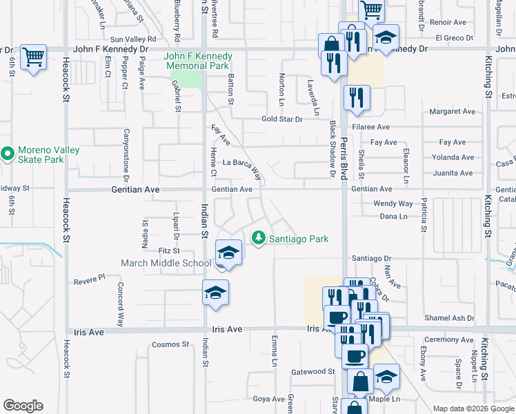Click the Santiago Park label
pos(298,239)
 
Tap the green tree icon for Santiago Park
pos(259,238)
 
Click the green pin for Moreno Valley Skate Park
pos(8,154)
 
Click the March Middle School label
pos(166,263)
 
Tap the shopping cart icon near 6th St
pos(32,57)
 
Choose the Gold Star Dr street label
pos(282,119)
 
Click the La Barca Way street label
pos(243,165)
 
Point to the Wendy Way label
pos(393,204)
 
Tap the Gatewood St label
pos(312,371)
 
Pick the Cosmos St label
pos(170,344)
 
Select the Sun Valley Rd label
pos(134,39)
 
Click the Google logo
pos(23,406)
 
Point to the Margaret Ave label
pos(452,111)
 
